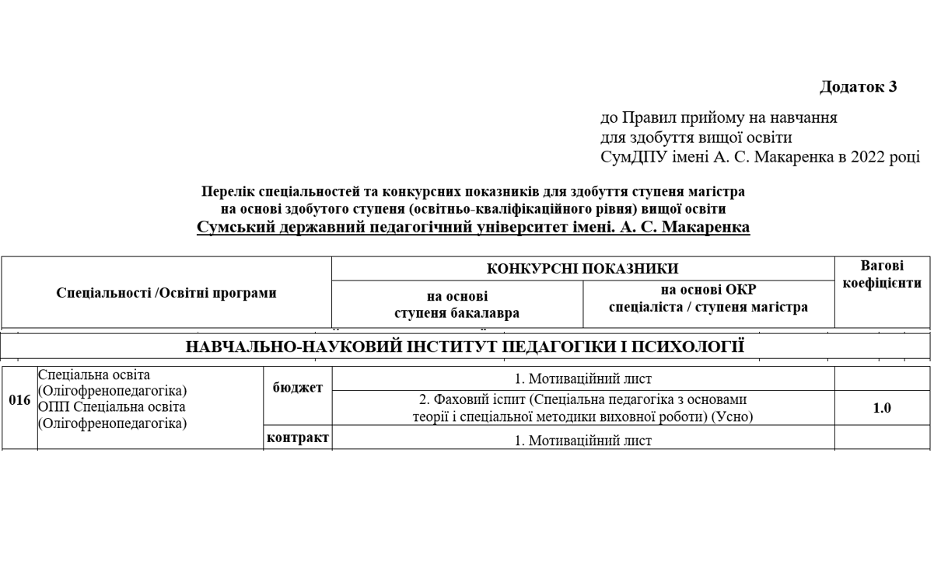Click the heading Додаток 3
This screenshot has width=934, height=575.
coord(858,87)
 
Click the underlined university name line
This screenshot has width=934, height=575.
coord(473,228)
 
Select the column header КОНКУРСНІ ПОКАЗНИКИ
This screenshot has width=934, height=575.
coord(582,269)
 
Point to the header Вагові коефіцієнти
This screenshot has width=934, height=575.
coord(882,274)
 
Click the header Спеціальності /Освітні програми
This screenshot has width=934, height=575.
coord(166,293)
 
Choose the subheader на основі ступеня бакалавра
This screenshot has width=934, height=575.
coord(457,305)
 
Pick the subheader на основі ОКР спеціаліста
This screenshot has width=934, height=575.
coord(708,298)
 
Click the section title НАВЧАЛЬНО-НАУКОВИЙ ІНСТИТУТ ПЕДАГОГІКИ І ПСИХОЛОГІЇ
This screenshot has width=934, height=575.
coord(465,347)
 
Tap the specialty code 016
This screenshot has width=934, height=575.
coord(19,401)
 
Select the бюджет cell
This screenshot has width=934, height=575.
coord(297,388)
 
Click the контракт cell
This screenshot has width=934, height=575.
coord(297,437)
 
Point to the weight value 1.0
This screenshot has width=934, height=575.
coord(882,408)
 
